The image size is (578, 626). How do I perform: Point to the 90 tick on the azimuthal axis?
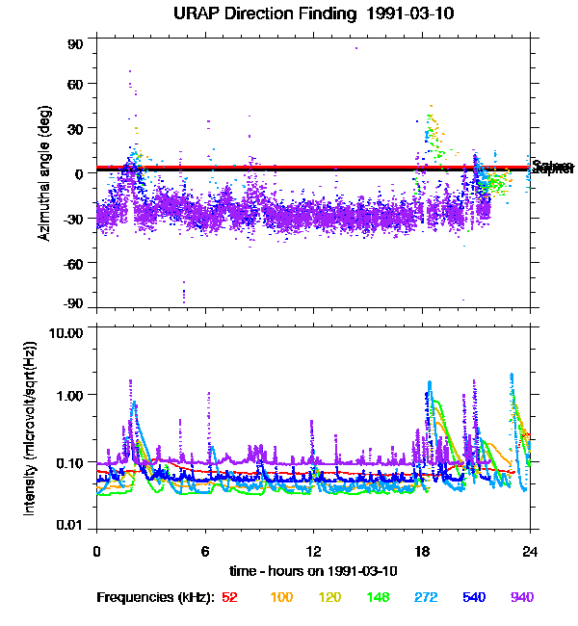pos(75,44)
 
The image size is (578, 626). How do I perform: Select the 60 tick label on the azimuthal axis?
pos(75,84)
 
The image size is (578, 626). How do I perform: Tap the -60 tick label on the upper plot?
pos(73,262)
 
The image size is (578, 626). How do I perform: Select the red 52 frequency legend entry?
pos(229,597)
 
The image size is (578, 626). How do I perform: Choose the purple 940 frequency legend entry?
pos(521,597)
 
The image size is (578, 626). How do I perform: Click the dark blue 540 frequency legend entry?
pos(474,597)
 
